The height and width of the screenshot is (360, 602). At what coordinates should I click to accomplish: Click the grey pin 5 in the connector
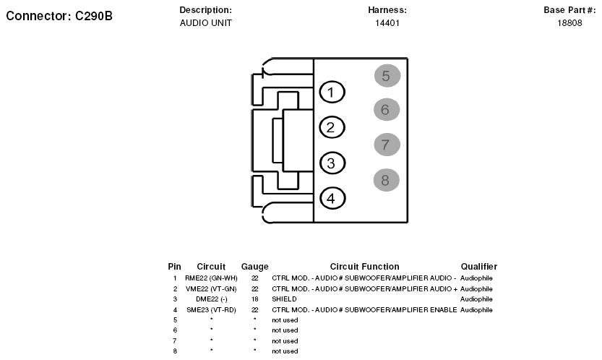(387, 76)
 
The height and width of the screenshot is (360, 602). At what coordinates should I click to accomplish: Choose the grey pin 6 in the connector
(387, 109)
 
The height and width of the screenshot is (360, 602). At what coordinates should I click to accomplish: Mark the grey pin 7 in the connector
(387, 145)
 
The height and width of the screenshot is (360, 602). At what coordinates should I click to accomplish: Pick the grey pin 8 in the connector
(386, 180)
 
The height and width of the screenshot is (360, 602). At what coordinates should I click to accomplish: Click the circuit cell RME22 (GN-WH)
(211, 278)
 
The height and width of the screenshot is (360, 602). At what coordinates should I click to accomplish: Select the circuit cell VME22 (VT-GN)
(211, 289)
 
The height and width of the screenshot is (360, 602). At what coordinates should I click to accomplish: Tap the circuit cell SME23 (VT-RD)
(211, 310)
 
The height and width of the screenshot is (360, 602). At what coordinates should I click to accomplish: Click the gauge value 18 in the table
(255, 299)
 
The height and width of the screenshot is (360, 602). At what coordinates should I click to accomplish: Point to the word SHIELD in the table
(284, 299)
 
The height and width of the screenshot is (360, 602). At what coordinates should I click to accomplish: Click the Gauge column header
(255, 267)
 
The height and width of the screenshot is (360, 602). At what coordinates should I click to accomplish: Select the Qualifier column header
(479, 267)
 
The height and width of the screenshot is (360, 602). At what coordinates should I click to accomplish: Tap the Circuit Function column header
(365, 267)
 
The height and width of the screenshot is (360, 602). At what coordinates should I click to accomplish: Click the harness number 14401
(387, 23)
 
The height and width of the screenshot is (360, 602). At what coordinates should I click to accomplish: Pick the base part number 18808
(569, 23)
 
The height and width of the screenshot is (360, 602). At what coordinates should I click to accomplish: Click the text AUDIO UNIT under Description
(206, 23)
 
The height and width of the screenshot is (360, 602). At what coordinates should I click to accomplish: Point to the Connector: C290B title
(59, 16)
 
